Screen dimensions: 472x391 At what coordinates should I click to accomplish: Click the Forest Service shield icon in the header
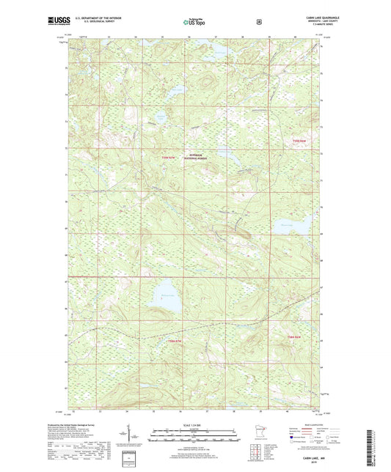[x=258, y=22]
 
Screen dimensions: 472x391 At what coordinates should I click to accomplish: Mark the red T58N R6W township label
[x=294, y=336]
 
